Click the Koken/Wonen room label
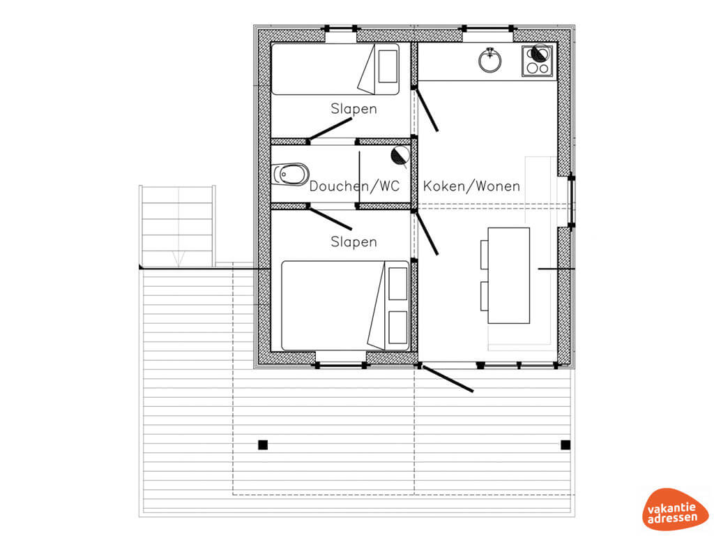pyautogui.click(x=471, y=186)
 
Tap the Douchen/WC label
pyautogui.click(x=354, y=186)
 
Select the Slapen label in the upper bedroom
pyautogui.click(x=354, y=109)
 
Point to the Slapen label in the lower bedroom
pyautogui.click(x=354, y=241)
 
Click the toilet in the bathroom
pyautogui.click(x=291, y=174)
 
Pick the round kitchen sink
pyautogui.click(x=490, y=60)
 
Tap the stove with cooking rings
pyautogui.click(x=538, y=61)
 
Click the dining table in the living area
pyautogui.click(x=508, y=275)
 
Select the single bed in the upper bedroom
pyautogui.click(x=335, y=69)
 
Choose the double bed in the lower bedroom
pyautogui.click(x=345, y=306)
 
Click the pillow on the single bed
pyautogui.click(x=388, y=66)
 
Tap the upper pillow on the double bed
pyautogui.click(x=397, y=283)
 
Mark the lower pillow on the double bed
pyautogui.click(x=397, y=327)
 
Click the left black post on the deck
pyautogui.click(x=263, y=445)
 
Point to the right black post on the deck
pyautogui.click(x=565, y=445)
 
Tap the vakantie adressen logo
pyautogui.click(x=675, y=509)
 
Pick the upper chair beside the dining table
pyautogui.click(x=485, y=254)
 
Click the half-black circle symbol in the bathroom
pyautogui.click(x=400, y=155)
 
